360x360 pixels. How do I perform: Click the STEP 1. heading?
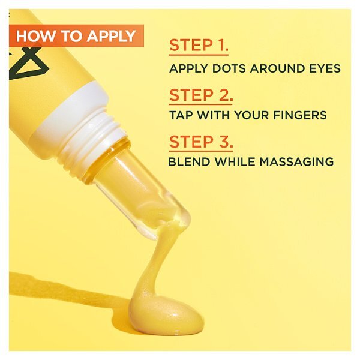point(199,45)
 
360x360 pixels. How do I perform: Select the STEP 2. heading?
point(200,95)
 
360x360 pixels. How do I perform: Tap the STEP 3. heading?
point(200,142)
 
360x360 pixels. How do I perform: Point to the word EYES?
point(325,68)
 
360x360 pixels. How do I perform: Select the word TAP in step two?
point(180,115)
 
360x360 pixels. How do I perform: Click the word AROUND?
point(275,68)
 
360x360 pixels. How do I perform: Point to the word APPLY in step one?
point(188,68)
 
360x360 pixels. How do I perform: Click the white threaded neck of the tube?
point(90,130)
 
